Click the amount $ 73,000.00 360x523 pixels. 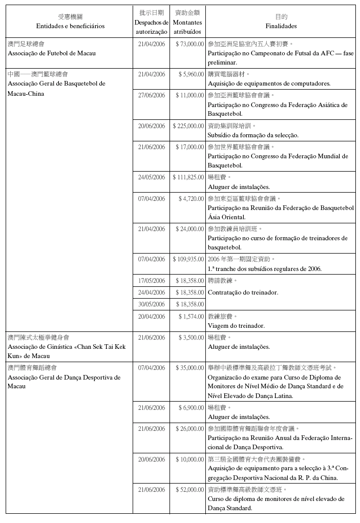click(189, 44)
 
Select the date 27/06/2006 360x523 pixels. click(152, 95)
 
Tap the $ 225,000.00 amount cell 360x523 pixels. click(188, 125)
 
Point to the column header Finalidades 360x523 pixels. click(281, 26)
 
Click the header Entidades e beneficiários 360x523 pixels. click(70, 26)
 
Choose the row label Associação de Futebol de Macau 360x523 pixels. click(52, 53)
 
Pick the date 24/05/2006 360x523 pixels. click(152, 177)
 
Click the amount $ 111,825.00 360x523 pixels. click(188, 177)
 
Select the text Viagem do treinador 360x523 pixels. click(236, 325)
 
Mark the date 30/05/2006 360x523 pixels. click(152, 304)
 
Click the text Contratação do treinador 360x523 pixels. click(243, 292)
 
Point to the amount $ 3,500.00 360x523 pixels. click(191, 338)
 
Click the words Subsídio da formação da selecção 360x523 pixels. click(253, 135)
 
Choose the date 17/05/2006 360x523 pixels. click(152, 281)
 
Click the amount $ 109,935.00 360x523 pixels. click(188, 259)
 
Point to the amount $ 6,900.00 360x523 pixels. click(191, 408)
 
